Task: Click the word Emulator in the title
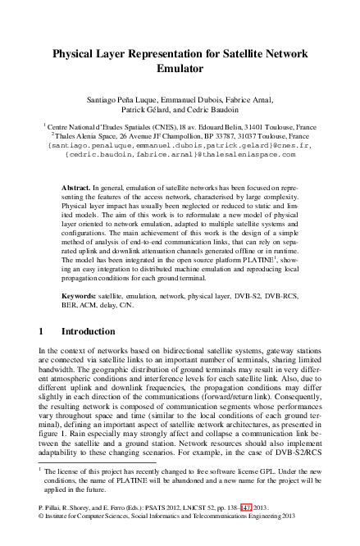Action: tap(180, 71)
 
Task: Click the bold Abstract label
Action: tap(77, 188)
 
